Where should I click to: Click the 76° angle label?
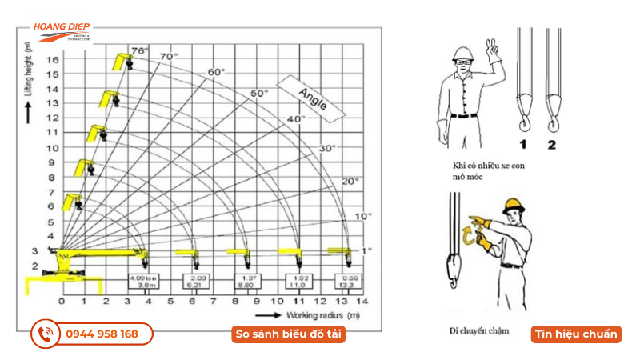pyautogui.click(x=140, y=50)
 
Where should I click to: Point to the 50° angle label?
pyautogui.click(x=258, y=93)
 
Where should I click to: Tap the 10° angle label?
pyautogui.click(x=363, y=217)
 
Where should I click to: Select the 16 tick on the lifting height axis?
pyautogui.click(x=53, y=60)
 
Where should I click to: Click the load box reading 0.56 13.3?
pyautogui.click(x=348, y=282)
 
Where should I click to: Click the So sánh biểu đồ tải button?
pyautogui.click(x=289, y=334)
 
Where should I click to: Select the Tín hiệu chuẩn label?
pyautogui.click(x=576, y=334)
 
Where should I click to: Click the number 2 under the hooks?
pyautogui.click(x=551, y=146)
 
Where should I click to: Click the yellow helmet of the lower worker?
pyautogui.click(x=513, y=205)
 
